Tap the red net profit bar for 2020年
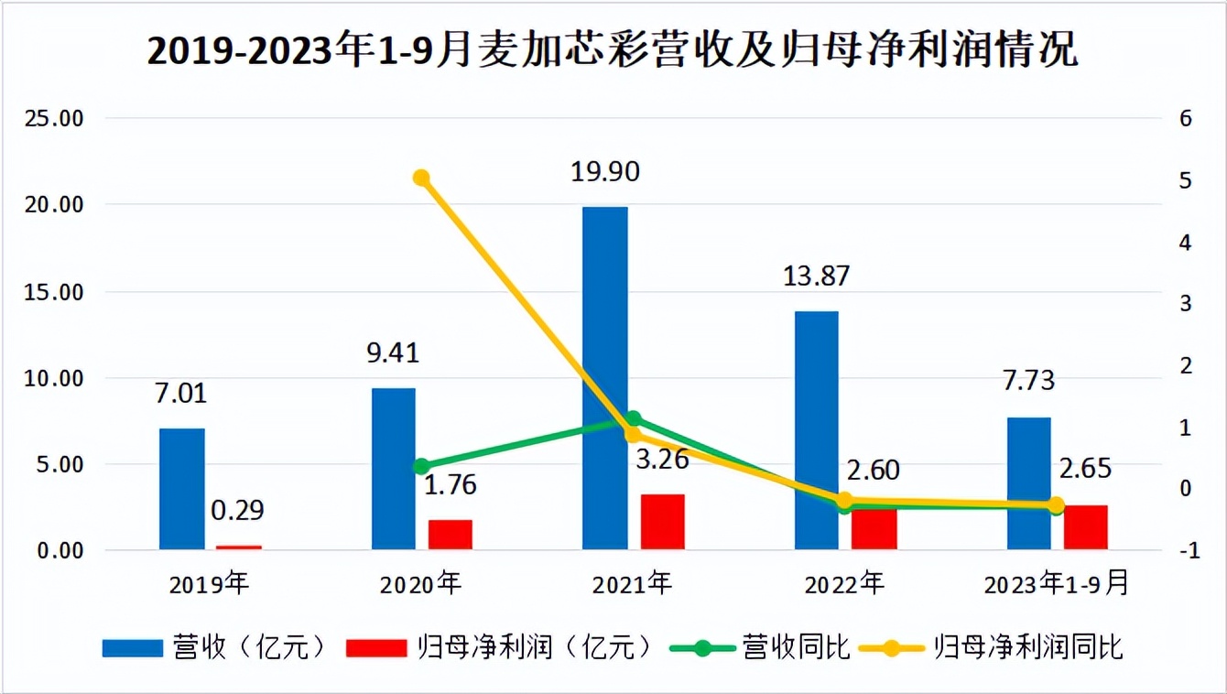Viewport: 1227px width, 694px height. click(451, 534)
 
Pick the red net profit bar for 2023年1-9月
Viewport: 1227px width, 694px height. click(1085, 526)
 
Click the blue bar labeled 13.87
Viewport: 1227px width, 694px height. click(816, 429)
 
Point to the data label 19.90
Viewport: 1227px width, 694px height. click(604, 171)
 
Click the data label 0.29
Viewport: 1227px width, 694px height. click(238, 510)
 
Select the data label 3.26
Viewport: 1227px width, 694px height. click(661, 458)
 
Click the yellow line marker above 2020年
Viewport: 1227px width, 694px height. click(421, 178)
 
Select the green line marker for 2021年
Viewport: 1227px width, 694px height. click(633, 419)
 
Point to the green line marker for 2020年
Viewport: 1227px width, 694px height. click(421, 466)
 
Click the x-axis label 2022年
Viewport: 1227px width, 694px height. click(845, 583)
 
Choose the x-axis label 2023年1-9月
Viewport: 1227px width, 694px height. click(1056, 583)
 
